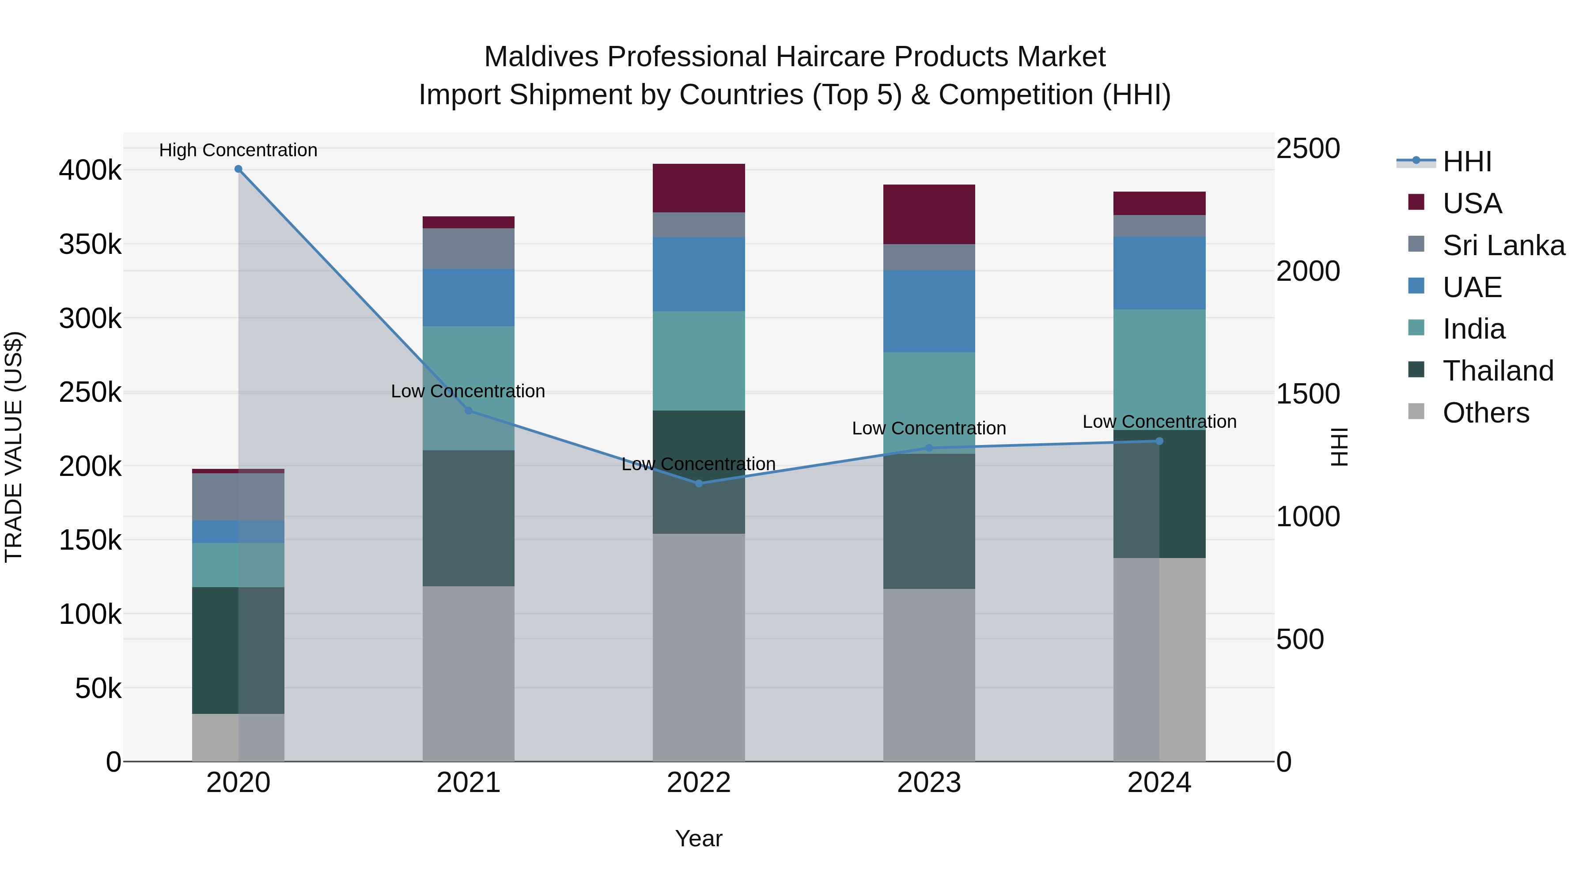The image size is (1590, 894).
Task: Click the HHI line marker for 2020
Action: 238,169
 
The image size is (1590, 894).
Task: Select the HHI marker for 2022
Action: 699,484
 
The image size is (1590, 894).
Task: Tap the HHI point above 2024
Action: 1159,441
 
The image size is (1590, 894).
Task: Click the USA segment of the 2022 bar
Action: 699,188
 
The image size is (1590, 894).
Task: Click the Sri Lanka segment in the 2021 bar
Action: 469,249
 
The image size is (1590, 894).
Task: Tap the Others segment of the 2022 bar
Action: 699,647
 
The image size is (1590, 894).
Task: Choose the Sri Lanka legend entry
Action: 1503,245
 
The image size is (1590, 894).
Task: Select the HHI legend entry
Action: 1466,162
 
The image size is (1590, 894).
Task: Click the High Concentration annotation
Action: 238,150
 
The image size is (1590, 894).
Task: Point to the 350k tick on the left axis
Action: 90,244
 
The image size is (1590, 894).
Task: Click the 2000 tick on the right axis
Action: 1308,272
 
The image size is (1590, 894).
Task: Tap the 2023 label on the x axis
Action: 929,783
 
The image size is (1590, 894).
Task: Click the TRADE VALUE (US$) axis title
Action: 14,447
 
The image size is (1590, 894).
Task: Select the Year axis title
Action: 699,838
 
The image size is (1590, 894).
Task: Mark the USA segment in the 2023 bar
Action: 929,214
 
